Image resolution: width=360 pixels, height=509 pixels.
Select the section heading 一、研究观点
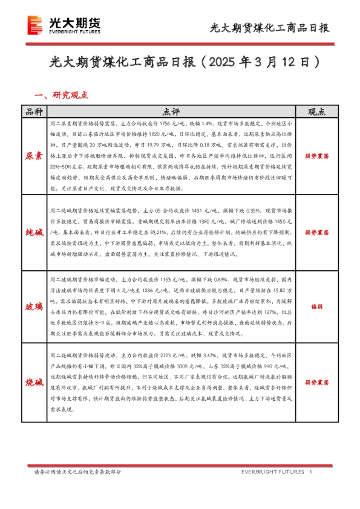coord(62,95)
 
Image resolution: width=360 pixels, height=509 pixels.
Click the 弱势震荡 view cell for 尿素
coord(316,155)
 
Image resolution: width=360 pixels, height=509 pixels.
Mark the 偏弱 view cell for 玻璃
coord(316,307)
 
